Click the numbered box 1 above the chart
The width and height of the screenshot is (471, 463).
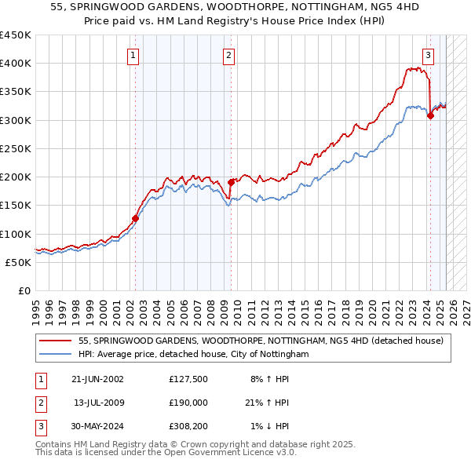(x=133, y=55)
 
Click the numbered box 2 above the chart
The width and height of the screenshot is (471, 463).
(x=228, y=55)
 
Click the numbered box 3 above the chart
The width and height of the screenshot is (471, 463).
(x=428, y=55)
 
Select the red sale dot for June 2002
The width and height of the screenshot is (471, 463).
(x=135, y=219)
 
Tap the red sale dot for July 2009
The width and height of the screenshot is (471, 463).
(x=231, y=183)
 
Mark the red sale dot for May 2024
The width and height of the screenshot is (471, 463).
(x=430, y=115)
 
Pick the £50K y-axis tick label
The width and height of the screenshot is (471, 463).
(x=19, y=262)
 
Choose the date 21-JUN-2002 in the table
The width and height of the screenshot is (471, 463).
(x=97, y=379)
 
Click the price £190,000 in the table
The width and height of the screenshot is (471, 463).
(x=188, y=403)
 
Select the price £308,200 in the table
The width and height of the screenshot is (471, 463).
(x=188, y=426)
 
